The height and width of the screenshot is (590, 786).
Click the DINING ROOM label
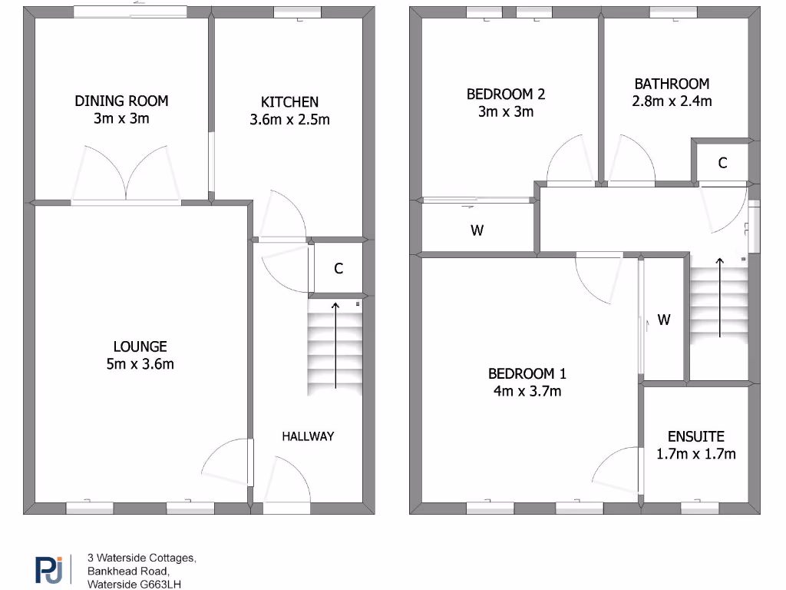pos(121,101)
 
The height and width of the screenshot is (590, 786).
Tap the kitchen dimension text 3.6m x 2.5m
pos(289,119)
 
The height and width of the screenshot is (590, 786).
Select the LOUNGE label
pos(140,346)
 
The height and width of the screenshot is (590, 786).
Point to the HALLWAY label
pos(308,436)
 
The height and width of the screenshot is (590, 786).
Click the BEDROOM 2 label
pos(506,94)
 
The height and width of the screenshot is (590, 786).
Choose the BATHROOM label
pos(672,84)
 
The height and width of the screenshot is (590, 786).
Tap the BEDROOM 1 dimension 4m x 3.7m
pos(527,392)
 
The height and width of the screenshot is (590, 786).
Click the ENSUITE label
pos(695,436)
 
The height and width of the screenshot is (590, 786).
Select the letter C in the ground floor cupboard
pos(338,269)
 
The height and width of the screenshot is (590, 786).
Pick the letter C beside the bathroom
pos(722,163)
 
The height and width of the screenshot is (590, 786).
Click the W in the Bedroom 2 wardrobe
pos(477,230)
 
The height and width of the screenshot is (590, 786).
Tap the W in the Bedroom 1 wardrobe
pos(664,320)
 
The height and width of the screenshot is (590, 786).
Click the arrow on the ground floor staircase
pos(335,346)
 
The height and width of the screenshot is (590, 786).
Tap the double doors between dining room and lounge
pos(127,177)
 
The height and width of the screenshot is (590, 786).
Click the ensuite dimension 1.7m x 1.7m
pos(695,454)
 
